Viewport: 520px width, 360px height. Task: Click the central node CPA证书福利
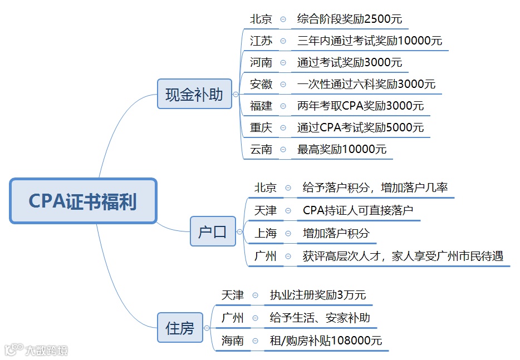(83, 201)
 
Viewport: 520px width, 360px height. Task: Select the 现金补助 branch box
(194, 94)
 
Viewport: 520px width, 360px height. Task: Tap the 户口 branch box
(213, 231)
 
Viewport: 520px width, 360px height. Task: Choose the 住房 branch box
(180, 328)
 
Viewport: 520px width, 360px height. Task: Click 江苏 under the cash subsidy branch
(261, 41)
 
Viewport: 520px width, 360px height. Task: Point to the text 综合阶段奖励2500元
(349, 19)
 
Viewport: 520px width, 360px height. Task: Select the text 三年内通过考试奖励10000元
(370, 41)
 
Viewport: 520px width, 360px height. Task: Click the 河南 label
(261, 62)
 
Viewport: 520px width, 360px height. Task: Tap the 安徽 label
(261, 84)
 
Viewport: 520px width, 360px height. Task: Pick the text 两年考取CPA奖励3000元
(360, 106)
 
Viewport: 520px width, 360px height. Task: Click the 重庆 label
(261, 127)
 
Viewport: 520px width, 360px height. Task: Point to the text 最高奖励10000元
(342, 149)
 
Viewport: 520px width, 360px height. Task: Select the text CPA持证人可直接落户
(358, 210)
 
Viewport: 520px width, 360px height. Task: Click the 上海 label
(265, 233)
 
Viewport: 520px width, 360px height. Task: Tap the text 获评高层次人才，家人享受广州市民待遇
(403, 256)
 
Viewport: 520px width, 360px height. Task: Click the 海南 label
(232, 341)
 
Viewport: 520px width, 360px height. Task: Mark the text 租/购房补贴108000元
(326, 341)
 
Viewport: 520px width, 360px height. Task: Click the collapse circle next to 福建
(283, 106)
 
